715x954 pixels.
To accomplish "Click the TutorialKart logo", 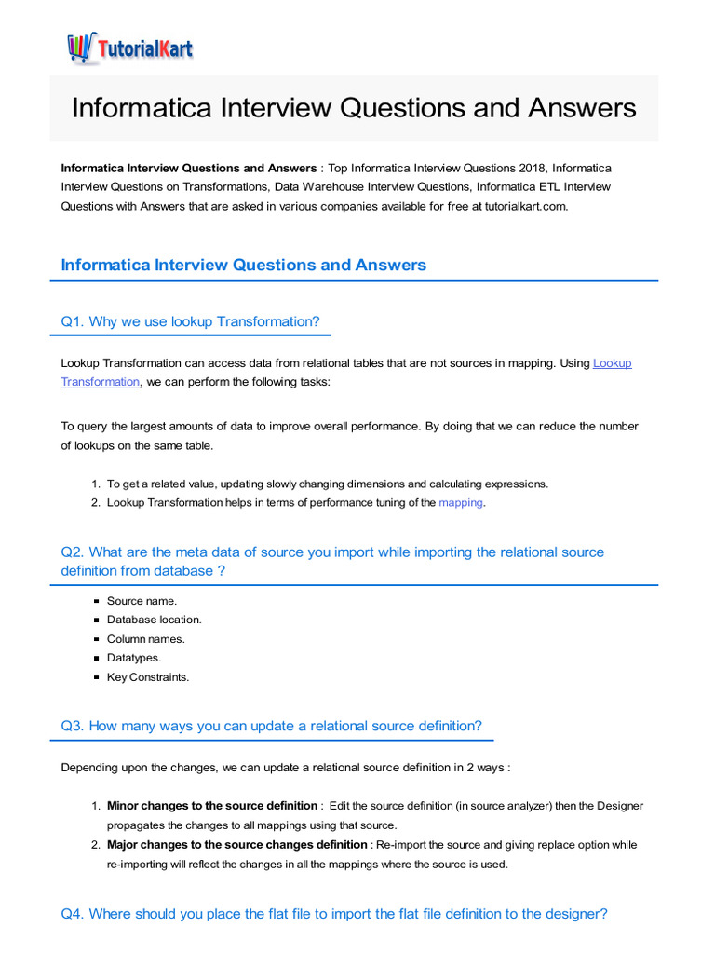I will coord(129,48).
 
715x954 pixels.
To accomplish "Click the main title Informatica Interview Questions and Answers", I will coord(354,107).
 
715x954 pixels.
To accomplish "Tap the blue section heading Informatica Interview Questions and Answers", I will coord(243,265).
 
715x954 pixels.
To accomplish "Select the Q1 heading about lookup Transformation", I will coord(190,321).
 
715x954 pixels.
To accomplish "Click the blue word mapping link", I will coord(461,503).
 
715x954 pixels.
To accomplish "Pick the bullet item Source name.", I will coord(142,601).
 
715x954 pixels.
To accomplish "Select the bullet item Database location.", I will coord(154,620).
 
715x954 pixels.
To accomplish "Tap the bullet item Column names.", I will coord(145,639).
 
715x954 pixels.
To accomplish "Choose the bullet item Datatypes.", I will coord(134,658).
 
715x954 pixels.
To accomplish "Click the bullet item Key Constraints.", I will coord(147,677).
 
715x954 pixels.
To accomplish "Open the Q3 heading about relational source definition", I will coord(271,726).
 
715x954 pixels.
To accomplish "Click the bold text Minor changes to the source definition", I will coord(212,806).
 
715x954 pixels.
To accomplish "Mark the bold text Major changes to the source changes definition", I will coord(236,845).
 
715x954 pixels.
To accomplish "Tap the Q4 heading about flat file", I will coord(333,914).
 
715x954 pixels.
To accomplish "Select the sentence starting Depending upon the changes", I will coord(285,768).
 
